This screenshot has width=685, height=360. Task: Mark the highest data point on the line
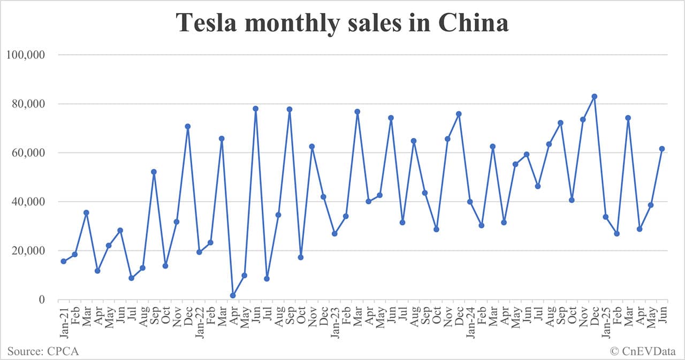click(x=594, y=96)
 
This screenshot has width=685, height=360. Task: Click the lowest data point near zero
click(x=233, y=295)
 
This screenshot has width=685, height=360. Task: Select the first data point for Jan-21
click(x=64, y=261)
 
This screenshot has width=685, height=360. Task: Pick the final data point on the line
click(x=662, y=149)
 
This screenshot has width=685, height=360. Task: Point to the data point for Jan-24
click(x=470, y=202)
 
